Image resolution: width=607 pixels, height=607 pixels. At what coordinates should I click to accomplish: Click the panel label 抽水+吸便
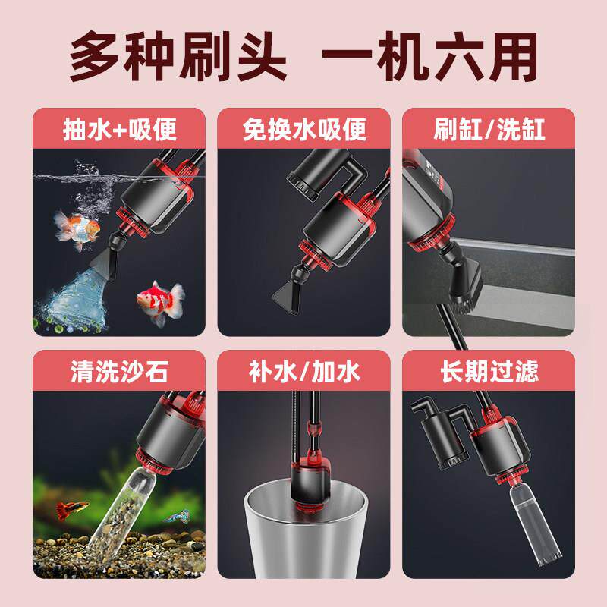119,128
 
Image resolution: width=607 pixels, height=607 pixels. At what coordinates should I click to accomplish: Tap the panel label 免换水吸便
304,128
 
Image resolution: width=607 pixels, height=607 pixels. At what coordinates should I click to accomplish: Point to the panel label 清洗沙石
119,373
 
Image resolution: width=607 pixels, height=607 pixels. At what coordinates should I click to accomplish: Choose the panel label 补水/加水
304,373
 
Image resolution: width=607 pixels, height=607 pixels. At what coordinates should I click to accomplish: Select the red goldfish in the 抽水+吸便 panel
158,297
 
